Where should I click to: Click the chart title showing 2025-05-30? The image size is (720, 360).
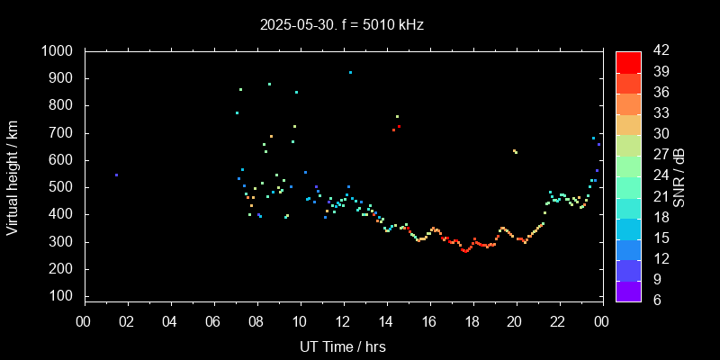point(342,25)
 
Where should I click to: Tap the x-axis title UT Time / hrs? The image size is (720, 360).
point(342,346)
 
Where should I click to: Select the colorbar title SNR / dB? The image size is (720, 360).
point(679,175)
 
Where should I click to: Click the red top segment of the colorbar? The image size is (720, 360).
point(628,62)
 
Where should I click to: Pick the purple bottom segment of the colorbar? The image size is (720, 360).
point(628,290)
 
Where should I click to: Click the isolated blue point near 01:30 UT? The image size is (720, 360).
point(116,175)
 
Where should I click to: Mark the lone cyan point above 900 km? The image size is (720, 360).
point(350,72)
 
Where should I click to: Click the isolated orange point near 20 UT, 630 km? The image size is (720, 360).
point(515,151)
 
